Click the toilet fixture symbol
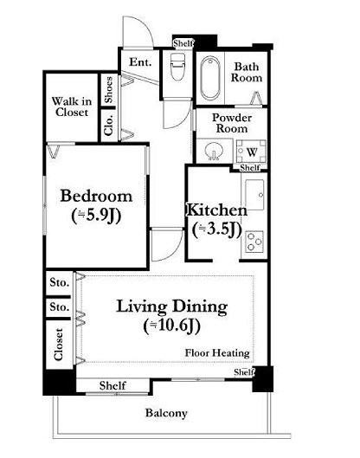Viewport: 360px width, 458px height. (x=177, y=67)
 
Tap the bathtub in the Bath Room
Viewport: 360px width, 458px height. (x=210, y=77)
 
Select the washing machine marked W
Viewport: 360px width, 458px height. (x=251, y=152)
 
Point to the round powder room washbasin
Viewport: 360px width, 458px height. (x=214, y=152)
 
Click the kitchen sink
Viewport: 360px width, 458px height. (x=254, y=195)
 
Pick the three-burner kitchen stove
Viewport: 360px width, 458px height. (x=254, y=242)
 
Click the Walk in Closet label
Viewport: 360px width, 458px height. (x=72, y=106)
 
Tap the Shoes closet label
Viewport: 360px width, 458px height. (x=108, y=90)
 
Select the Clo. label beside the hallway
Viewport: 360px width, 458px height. (x=108, y=125)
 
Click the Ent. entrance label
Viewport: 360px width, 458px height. (x=140, y=62)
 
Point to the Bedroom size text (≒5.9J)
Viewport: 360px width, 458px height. (x=96, y=216)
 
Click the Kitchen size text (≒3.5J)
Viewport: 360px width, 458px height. (x=217, y=229)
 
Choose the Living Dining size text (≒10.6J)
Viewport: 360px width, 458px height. (x=172, y=326)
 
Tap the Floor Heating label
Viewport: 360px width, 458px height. (x=217, y=353)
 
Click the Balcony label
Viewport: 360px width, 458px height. (x=166, y=413)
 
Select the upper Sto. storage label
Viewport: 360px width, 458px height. (x=60, y=282)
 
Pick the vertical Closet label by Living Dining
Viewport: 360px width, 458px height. (x=58, y=344)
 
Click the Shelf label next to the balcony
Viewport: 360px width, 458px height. (x=112, y=385)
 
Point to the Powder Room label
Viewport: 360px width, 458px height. (x=232, y=123)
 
